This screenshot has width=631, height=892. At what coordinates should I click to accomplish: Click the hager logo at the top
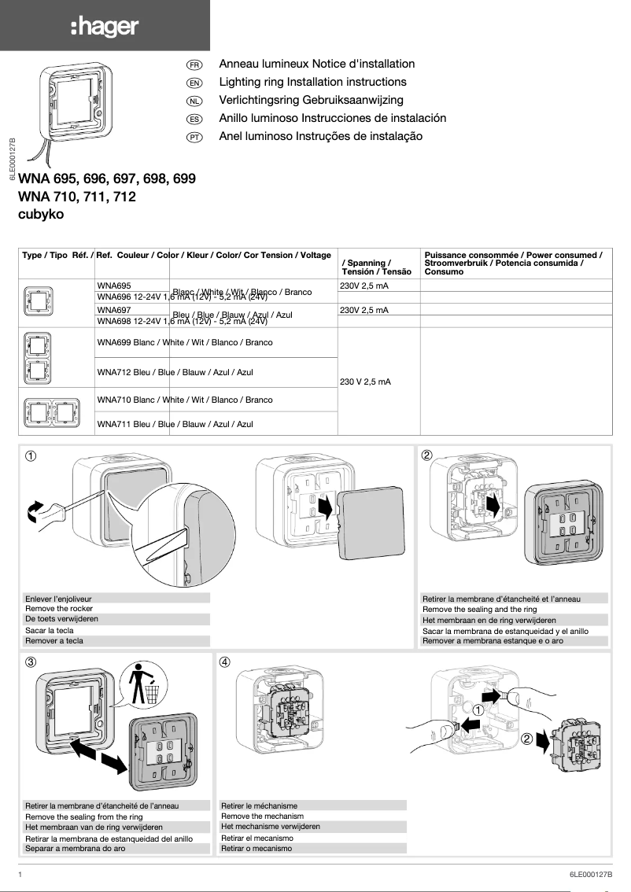(x=105, y=28)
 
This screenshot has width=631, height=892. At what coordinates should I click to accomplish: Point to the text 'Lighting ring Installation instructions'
(x=312, y=82)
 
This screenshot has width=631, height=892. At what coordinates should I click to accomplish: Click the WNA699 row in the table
(x=184, y=343)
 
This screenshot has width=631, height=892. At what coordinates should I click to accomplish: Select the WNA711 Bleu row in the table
(x=175, y=424)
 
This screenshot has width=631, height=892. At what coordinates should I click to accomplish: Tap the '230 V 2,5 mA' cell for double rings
(x=365, y=381)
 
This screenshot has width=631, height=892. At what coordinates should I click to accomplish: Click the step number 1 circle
(x=31, y=455)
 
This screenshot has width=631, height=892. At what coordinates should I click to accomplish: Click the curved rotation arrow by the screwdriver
(x=35, y=511)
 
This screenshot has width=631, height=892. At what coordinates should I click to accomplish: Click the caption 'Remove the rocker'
(x=59, y=609)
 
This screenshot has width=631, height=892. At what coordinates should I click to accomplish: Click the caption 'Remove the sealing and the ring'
(x=479, y=610)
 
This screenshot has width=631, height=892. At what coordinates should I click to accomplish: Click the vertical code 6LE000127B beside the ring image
(x=12, y=160)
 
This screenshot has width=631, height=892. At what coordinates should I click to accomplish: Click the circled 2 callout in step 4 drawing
(x=527, y=738)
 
